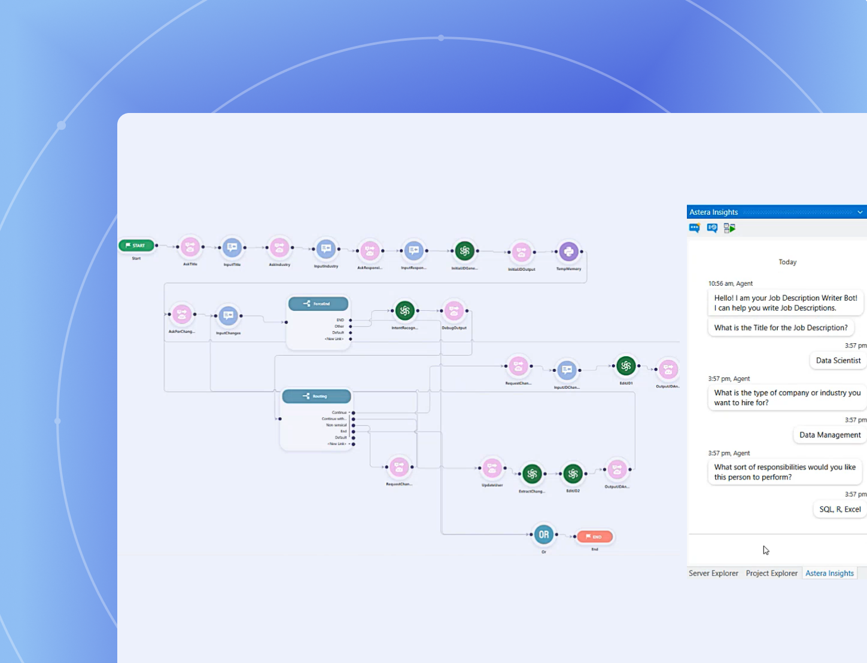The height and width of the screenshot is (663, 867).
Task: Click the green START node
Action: coord(136,245)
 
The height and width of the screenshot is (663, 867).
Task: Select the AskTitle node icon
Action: coord(190,247)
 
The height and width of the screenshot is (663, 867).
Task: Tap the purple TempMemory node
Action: coord(568,252)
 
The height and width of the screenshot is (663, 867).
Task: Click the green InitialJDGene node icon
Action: coord(464,251)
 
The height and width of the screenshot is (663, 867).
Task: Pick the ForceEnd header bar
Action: coord(318,304)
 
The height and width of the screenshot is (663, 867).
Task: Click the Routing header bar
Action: coord(317,396)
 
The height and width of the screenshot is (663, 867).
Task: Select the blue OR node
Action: coord(543,534)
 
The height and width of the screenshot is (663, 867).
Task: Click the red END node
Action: coord(594,537)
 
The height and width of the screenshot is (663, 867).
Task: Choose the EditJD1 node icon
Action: coord(626,366)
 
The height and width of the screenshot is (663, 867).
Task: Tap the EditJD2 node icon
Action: coord(573,474)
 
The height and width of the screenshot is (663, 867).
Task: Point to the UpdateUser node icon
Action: coord(492,469)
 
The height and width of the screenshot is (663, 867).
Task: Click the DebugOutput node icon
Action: coord(454,310)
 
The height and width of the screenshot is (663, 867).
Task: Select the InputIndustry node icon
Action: coord(325,249)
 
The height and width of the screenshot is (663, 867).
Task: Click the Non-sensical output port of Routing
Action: coord(354,425)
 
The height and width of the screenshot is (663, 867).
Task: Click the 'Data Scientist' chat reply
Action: coord(838,360)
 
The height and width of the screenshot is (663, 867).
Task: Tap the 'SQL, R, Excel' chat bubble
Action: coord(839,509)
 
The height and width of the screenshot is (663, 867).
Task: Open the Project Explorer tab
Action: coord(771,573)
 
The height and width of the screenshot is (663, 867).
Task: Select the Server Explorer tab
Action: coord(713,573)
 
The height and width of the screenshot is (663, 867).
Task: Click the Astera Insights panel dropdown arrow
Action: coord(860,212)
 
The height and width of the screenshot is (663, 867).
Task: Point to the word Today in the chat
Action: coord(787,262)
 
